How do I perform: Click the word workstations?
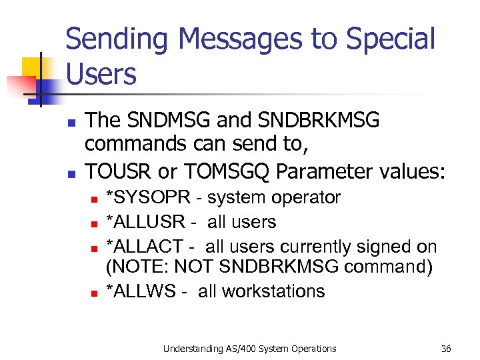pyautogui.click(x=274, y=291)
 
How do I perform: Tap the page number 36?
pyautogui.click(x=446, y=349)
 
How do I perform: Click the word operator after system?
pyautogui.click(x=303, y=198)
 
